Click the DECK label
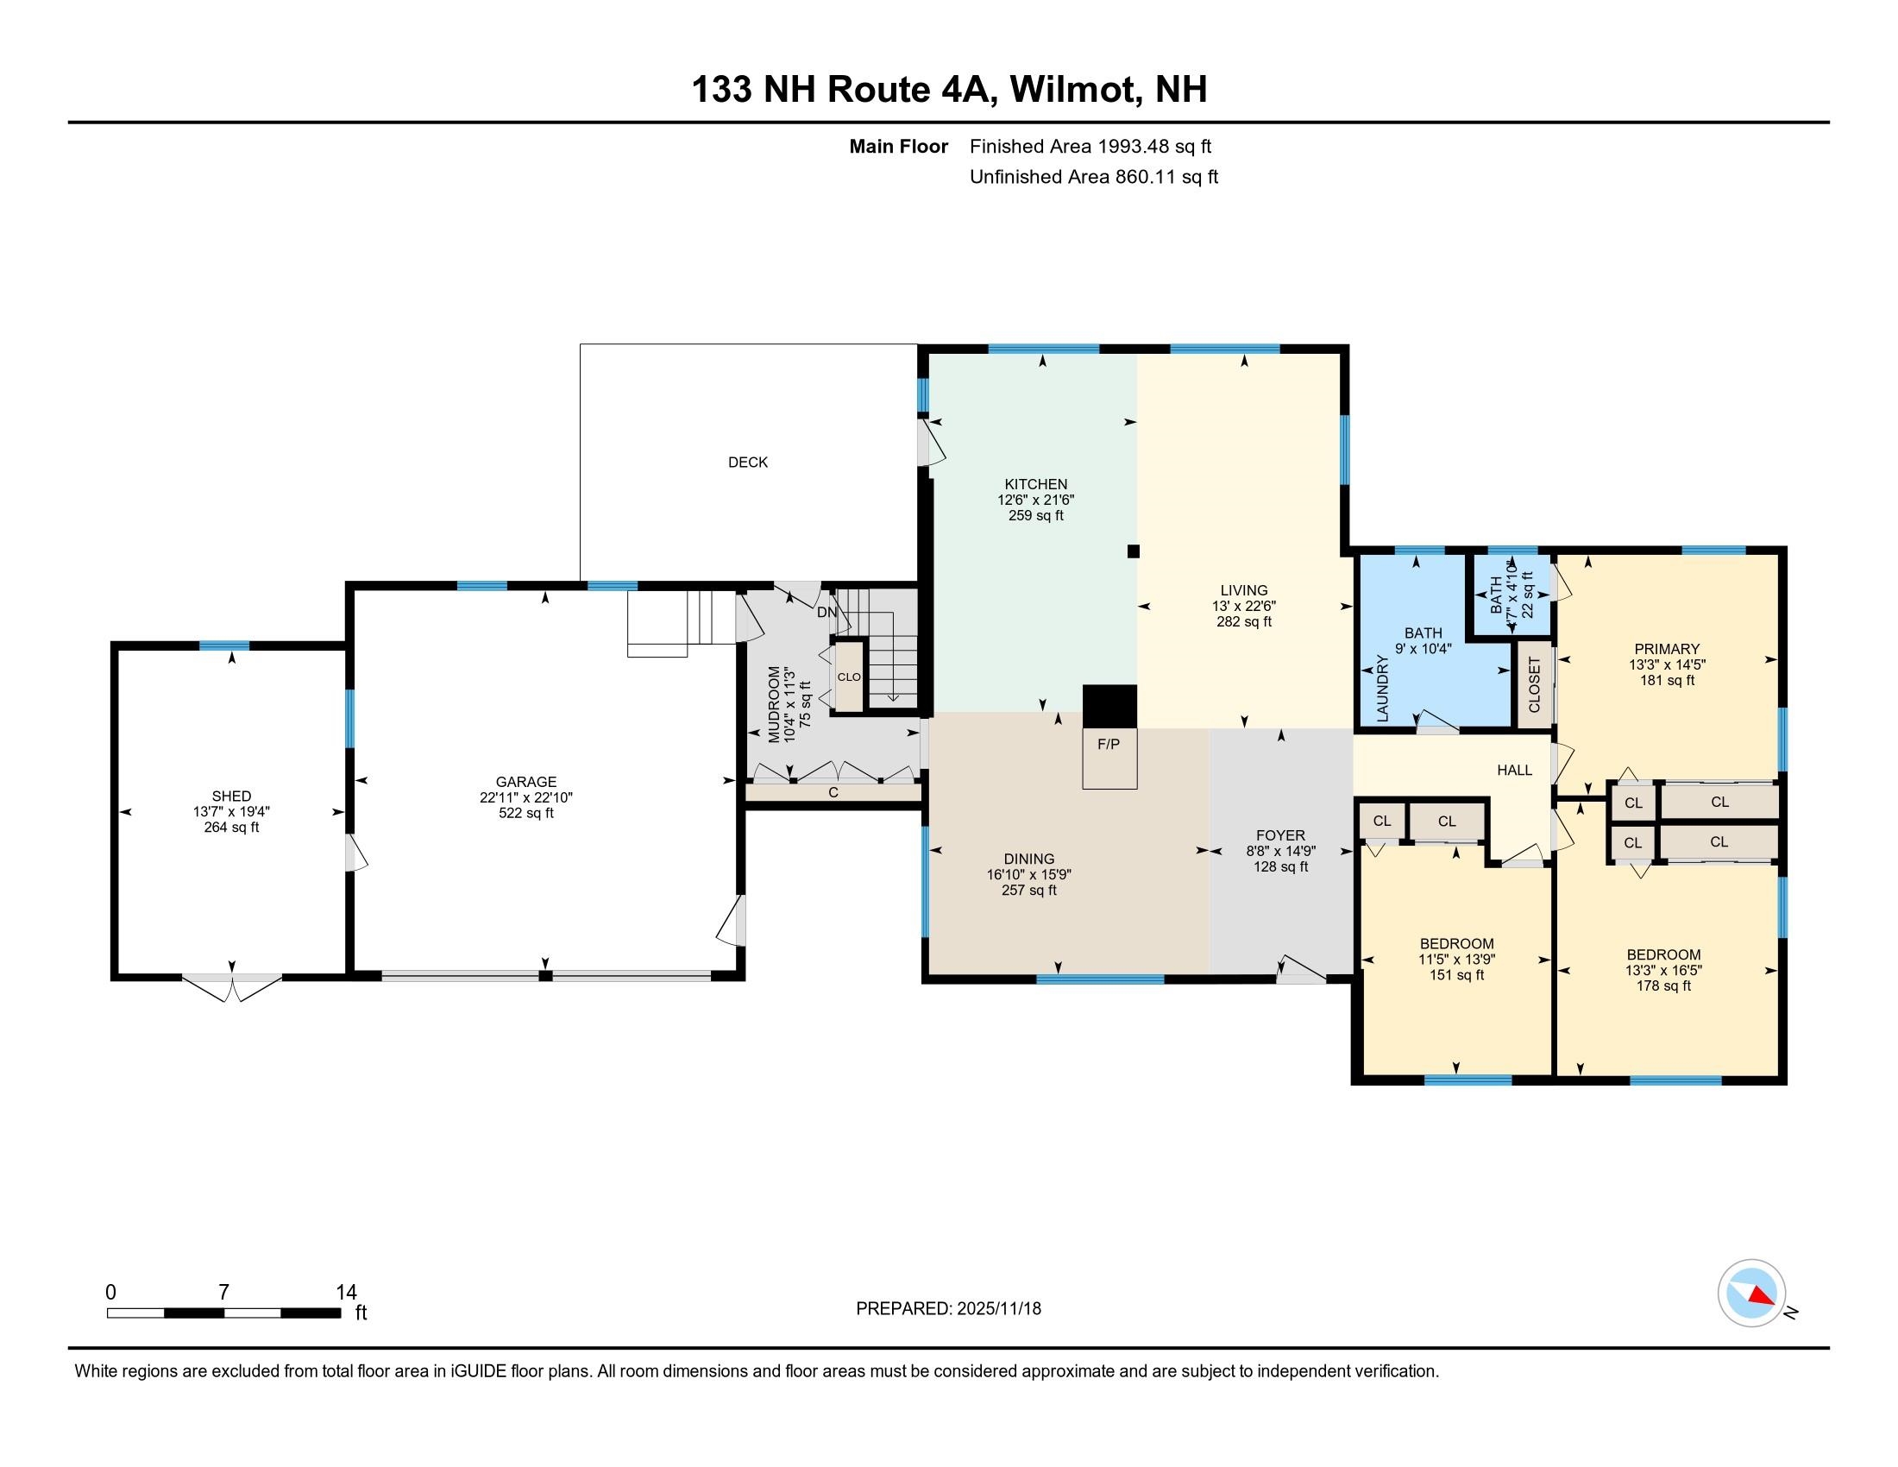[747, 463]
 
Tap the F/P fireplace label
[1108, 744]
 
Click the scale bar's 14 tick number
[346, 1293]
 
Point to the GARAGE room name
[525, 781]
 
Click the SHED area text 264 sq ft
[231, 828]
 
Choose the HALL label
[1514, 770]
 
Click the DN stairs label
[826, 612]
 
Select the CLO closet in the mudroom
[849, 677]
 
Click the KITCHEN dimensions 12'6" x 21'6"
[1035, 500]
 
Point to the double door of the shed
[232, 986]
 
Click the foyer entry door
[1301, 971]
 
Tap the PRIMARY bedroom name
[1666, 648]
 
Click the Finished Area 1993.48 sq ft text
[1090, 146]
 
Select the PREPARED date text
[948, 1308]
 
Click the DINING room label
[1029, 859]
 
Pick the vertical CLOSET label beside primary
[1534, 685]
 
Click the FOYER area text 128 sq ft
[1280, 866]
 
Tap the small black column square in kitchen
[1134, 551]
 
